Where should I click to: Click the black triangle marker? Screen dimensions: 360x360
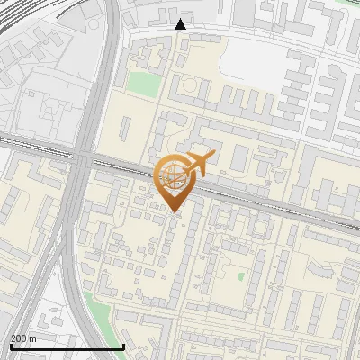pos(181,24)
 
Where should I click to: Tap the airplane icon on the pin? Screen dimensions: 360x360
pos(198,163)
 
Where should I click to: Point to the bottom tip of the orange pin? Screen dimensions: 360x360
pos(174,212)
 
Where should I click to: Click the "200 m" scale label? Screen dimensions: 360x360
pos(23,337)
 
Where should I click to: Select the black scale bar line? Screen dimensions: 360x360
pos(67,346)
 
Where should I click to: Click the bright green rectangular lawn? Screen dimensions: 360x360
pos(140,83)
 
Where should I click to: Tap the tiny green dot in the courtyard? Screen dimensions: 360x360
pos(241,276)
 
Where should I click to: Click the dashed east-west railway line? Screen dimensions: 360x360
pos(270,202)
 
